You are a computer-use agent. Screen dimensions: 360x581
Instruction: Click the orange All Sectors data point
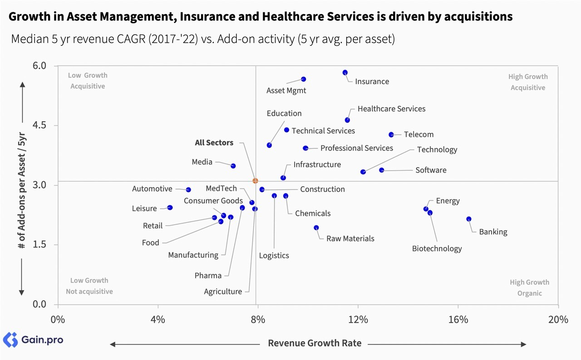coord(255,181)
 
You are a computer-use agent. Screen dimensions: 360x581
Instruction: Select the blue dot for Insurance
coord(345,73)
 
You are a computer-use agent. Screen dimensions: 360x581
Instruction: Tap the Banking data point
coord(469,219)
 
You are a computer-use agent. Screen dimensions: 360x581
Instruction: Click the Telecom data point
coord(391,135)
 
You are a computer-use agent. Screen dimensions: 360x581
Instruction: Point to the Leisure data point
coord(170,207)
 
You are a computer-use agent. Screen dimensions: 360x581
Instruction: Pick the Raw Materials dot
coord(316,228)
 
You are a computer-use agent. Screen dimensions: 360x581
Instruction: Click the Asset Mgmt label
coord(286,90)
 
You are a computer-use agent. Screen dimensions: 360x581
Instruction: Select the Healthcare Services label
coord(391,109)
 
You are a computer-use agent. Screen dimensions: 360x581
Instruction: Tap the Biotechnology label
coord(437,248)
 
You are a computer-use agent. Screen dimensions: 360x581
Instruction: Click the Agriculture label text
coord(223,291)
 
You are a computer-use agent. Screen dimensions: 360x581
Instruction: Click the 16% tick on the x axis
coord(458,320)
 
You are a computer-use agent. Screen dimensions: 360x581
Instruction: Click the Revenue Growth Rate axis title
coord(315,343)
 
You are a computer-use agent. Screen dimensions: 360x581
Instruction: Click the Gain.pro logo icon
coord(10,340)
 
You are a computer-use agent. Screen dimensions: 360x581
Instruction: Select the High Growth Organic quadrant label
coord(529,288)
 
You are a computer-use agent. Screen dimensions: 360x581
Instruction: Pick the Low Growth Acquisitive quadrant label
coord(88,81)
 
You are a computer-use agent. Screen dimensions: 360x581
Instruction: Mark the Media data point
coord(233,166)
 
